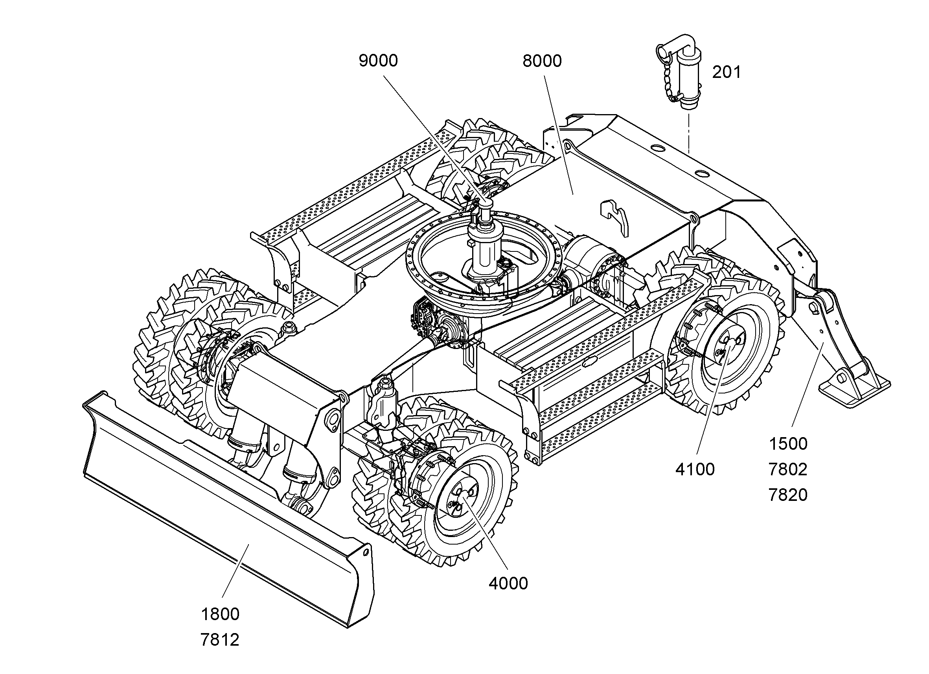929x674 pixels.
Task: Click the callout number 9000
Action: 378,61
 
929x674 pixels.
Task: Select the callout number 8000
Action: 542,61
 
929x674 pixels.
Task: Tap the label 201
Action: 726,72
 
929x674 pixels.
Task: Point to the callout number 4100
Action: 695,469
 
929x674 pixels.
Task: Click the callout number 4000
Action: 508,584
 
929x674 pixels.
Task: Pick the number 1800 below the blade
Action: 220,615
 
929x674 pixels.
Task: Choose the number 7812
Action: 220,640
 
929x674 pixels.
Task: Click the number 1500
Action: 788,444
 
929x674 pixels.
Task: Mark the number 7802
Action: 788,469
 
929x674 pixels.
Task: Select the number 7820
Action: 788,495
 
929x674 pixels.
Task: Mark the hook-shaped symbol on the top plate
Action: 614,217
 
